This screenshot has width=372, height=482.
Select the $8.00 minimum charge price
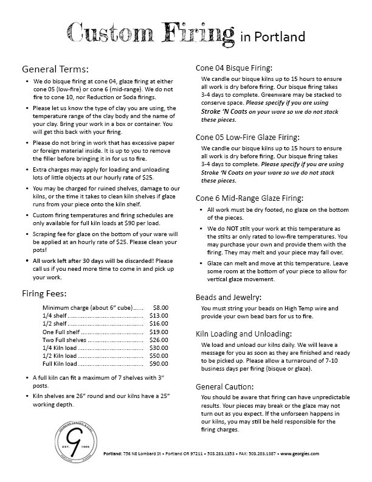(x=161, y=308)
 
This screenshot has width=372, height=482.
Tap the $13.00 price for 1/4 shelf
(x=159, y=316)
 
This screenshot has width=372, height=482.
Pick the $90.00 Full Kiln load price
(x=159, y=363)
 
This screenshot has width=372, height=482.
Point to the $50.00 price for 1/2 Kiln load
(x=159, y=355)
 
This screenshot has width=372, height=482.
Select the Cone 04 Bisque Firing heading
(x=233, y=68)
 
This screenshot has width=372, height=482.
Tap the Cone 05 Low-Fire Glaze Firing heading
(x=247, y=137)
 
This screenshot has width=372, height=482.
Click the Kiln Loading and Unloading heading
(x=243, y=334)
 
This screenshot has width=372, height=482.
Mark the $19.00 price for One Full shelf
(x=159, y=332)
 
